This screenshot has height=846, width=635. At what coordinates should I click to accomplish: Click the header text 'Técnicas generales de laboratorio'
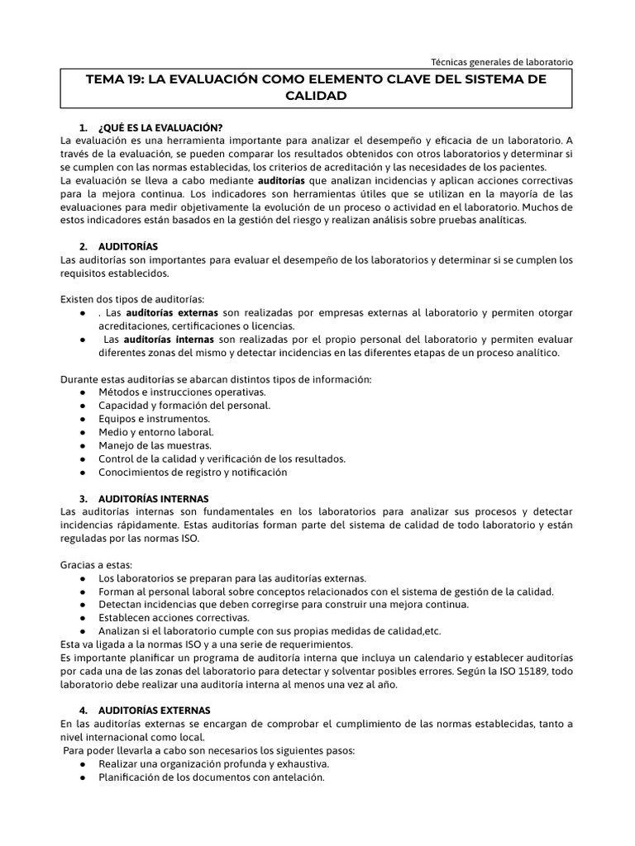point(502,61)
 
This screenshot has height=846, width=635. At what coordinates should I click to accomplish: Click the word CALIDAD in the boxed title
point(316,96)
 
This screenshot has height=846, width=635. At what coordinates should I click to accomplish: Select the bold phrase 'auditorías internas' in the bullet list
point(170,339)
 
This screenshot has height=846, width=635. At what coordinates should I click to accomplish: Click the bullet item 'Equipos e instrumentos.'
point(154,419)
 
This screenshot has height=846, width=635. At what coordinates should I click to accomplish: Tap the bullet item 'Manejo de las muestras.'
point(155,445)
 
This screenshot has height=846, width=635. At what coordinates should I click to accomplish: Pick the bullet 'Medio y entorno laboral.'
point(156,432)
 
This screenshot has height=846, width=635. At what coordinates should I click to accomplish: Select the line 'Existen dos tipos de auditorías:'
point(132,298)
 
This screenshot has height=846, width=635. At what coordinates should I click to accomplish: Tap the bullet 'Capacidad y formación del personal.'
point(184,406)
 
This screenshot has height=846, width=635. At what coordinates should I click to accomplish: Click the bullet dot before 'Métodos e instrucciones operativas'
point(84,392)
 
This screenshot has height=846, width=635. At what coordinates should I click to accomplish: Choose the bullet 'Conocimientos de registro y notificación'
point(193,472)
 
